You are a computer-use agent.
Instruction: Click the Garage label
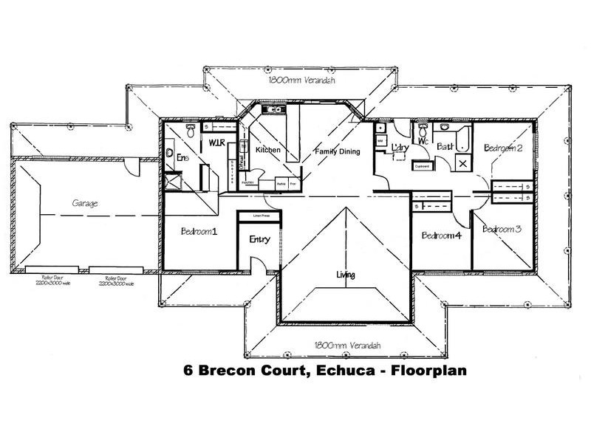[86, 202]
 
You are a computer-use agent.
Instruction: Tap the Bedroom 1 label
[199, 231]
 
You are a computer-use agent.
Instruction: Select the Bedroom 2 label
[503, 148]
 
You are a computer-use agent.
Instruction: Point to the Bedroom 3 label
[502, 230]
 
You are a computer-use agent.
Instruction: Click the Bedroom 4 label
[441, 236]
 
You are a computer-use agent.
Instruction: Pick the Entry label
[259, 239]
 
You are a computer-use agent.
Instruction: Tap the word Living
[345, 275]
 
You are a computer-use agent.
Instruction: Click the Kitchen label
[267, 150]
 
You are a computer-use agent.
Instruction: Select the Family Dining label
[337, 151]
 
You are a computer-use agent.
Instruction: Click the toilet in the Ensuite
[191, 130]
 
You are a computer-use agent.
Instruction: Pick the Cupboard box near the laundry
[422, 166]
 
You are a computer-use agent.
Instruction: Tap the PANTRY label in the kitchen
[247, 182]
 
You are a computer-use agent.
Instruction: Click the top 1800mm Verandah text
[301, 80]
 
